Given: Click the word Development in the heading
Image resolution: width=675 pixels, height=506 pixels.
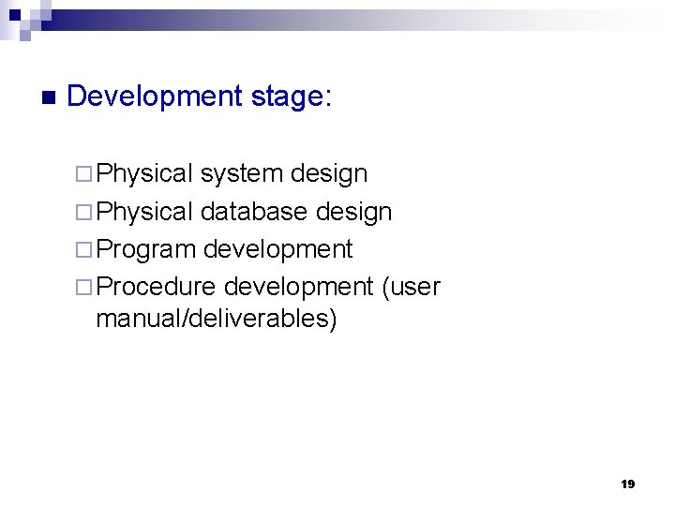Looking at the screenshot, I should [156, 97].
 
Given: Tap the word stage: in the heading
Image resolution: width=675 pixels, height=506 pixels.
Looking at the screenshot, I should [292, 97].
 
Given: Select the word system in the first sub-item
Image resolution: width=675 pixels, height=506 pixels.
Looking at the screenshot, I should [242, 174].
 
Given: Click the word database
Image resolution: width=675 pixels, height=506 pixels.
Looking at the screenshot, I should [254, 212].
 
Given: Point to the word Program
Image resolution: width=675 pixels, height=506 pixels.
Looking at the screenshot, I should [146, 249].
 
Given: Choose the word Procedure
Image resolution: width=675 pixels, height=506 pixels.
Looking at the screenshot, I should [156, 287].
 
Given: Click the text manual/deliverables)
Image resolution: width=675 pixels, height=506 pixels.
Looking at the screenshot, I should [216, 319].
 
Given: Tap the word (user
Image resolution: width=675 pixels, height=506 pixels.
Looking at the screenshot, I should [411, 287].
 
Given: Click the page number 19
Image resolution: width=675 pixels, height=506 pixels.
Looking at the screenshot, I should [627, 484].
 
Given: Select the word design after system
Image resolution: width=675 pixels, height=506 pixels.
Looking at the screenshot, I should [329, 174].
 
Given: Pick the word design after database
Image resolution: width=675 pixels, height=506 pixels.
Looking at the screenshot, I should [353, 212].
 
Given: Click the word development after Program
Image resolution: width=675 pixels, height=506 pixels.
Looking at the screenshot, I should [277, 249].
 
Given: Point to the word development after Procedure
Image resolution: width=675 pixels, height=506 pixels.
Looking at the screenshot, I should [298, 287].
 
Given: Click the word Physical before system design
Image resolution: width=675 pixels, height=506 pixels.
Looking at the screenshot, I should [144, 174].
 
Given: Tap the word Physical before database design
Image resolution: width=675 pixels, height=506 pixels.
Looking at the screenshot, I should [144, 212].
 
